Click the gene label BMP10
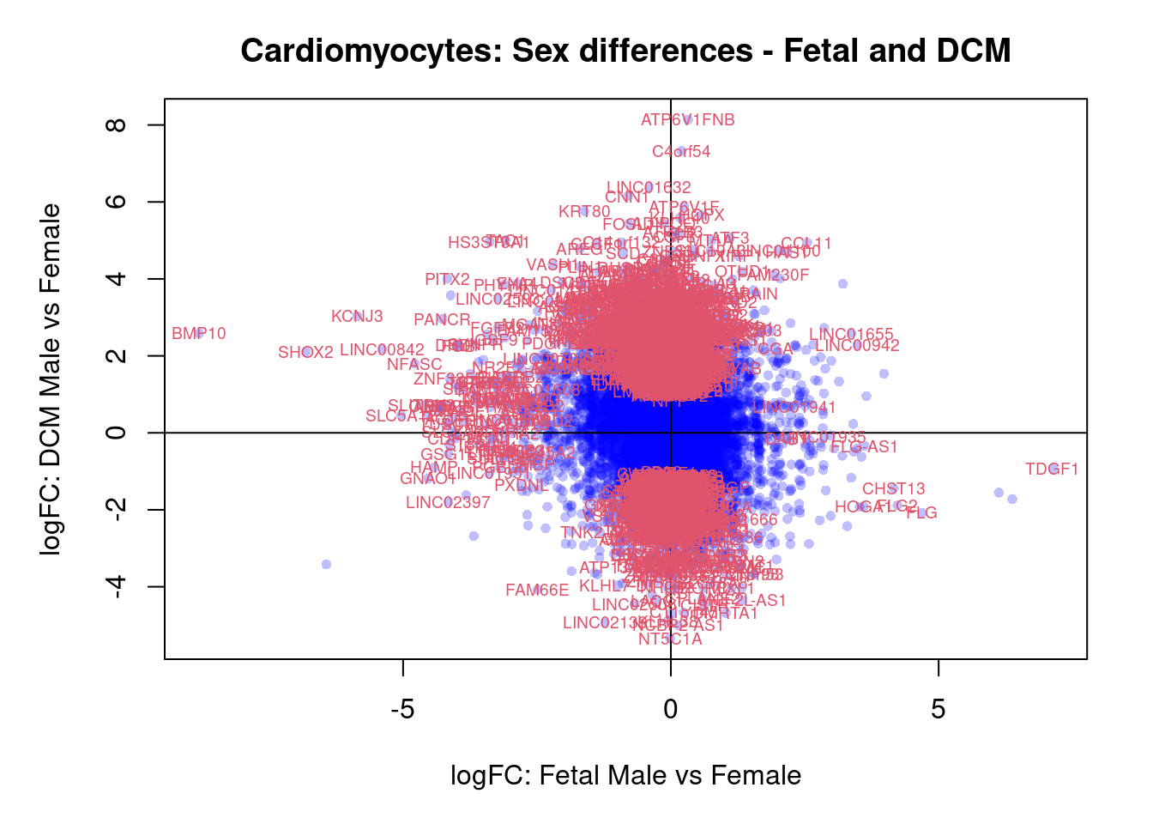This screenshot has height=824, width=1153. pos(199,334)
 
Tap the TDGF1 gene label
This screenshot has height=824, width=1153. pos(1052,470)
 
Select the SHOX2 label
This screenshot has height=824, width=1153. pos(305,353)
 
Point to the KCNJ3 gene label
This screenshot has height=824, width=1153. pos(357,317)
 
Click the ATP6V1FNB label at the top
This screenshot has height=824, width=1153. pos(688,120)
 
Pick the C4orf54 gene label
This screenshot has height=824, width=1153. pos(681,152)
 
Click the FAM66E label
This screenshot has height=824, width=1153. pos(537,591)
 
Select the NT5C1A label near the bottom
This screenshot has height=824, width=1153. pos(670,639)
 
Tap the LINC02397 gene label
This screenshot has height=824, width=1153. pos(448,503)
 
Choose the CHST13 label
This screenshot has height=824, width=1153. pos(894,489)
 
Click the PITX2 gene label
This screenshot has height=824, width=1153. pos(447,280)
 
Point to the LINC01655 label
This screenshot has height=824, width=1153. pos(851,335)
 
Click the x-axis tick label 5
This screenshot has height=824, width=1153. pos(939,710)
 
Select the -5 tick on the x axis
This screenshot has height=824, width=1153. pos(402,710)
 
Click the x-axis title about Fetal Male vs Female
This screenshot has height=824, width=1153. pos(625,776)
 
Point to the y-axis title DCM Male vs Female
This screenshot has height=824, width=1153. pos(51,379)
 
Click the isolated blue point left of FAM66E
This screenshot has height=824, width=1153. pos(326,564)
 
